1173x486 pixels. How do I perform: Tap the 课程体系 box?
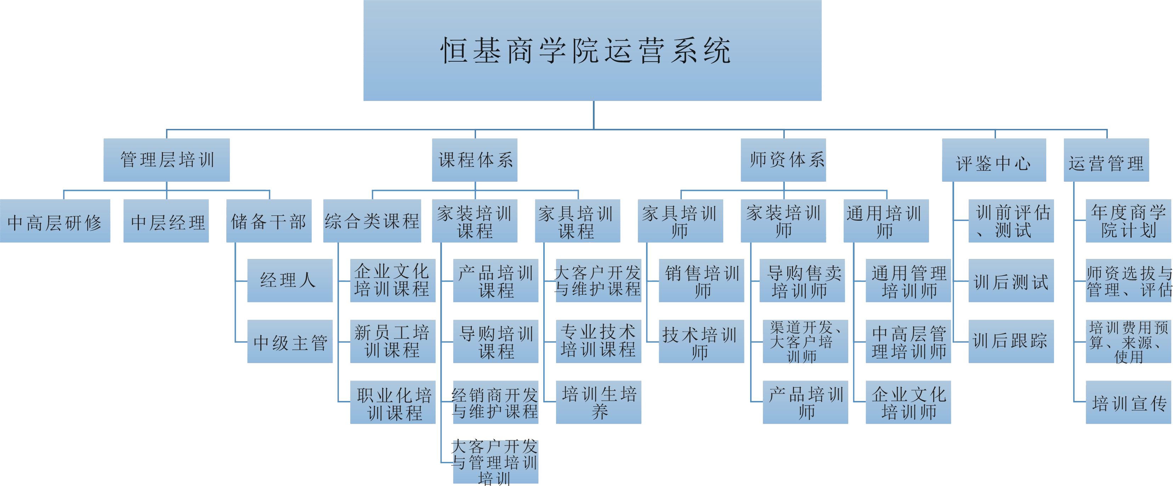pyautogui.click(x=475, y=160)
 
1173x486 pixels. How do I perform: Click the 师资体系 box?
pyautogui.click(x=783, y=160)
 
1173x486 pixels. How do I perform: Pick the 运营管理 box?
pyautogui.click(x=1106, y=160)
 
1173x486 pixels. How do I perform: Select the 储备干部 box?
pyautogui.click(x=269, y=221)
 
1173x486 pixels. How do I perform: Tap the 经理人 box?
pyautogui.click(x=290, y=281)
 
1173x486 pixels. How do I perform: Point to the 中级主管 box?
pyautogui.click(x=290, y=341)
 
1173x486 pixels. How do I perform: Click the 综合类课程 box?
pyautogui.click(x=372, y=221)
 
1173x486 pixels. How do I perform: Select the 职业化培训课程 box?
pyautogui.click(x=392, y=402)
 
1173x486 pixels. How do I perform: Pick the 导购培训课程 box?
pyautogui.click(x=495, y=341)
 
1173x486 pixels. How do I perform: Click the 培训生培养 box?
pyautogui.click(x=598, y=402)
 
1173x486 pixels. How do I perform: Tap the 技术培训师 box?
pyautogui.click(x=701, y=341)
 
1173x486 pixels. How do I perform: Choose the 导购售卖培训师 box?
pyautogui.click(x=802, y=281)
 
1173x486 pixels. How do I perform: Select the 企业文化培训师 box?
pyautogui.click(x=908, y=402)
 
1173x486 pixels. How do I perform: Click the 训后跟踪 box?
pyautogui.click(x=1011, y=341)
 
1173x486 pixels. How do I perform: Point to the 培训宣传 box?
pyautogui.click(x=1128, y=402)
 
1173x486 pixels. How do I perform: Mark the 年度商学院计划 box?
pyautogui.click(x=1128, y=221)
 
